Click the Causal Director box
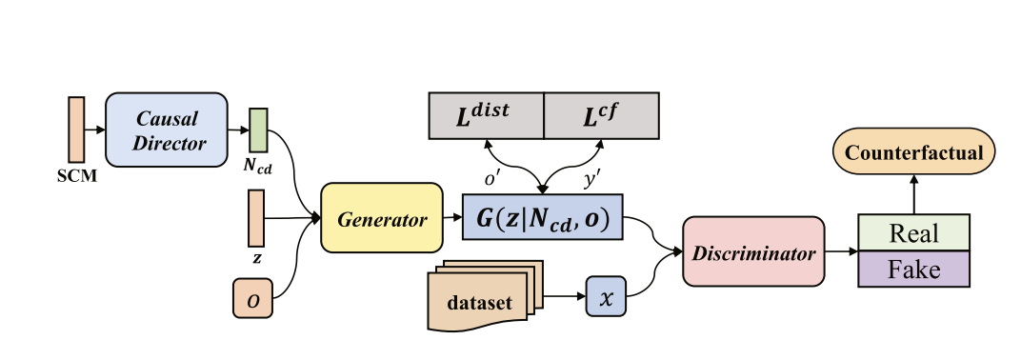[167, 131]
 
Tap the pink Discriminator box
[752, 252]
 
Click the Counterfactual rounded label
[914, 152]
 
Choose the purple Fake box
[913, 270]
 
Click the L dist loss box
[486, 115]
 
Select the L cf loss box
[601, 115]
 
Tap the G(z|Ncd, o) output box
[542, 218]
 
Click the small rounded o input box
[252, 298]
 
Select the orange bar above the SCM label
[77, 129]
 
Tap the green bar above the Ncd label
[258, 129]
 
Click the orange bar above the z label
[256, 217]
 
